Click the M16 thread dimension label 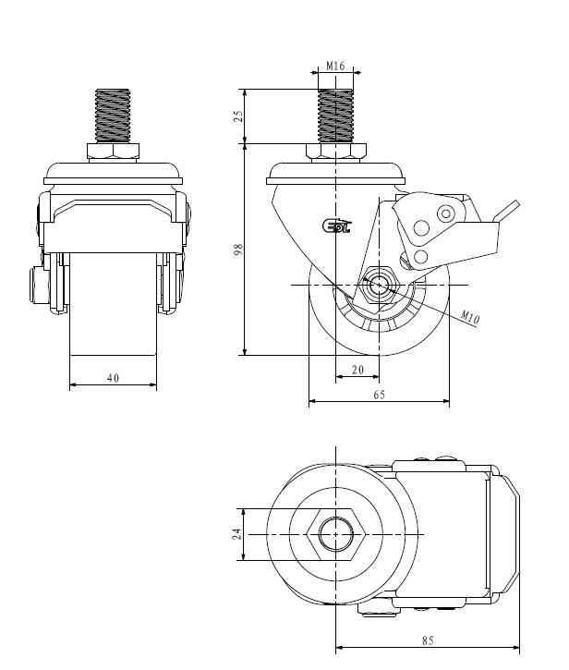335,66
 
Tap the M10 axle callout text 470,317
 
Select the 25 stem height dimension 238,116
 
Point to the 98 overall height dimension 238,250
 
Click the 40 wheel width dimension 114,378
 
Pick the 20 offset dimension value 358,370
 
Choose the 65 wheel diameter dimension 379,395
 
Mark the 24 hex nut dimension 237,534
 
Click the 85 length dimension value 428,640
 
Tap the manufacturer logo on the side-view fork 336,226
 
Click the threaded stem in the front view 113,116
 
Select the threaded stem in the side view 335,116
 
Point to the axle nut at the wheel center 379,285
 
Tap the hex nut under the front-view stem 113,152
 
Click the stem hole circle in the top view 335,534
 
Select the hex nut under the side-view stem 335,152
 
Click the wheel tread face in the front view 114,304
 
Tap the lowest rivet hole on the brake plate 420,256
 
